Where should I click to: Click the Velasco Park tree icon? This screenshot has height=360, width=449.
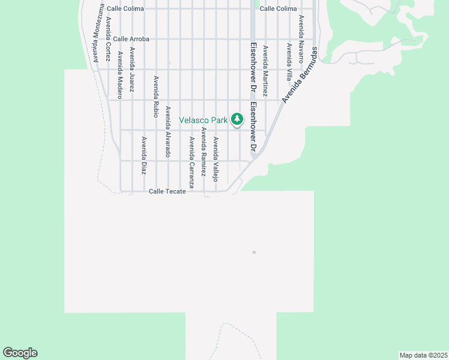(x=237, y=119)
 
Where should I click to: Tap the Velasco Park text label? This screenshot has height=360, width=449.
(x=203, y=120)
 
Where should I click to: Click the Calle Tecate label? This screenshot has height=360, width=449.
(x=171, y=191)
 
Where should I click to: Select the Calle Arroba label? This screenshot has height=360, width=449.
(x=131, y=39)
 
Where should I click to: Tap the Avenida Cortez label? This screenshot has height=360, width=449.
(x=108, y=34)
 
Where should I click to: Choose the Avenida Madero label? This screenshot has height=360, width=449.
(x=120, y=71)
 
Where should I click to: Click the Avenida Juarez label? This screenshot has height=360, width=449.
(x=132, y=69)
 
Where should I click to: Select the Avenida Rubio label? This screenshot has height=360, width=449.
(x=156, y=95)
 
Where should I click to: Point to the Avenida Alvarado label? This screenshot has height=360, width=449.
(x=169, y=132)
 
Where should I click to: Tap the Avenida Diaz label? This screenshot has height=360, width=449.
(x=144, y=155)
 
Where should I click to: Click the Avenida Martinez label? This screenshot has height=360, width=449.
(x=265, y=71)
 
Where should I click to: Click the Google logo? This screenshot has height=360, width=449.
(x=20, y=353)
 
